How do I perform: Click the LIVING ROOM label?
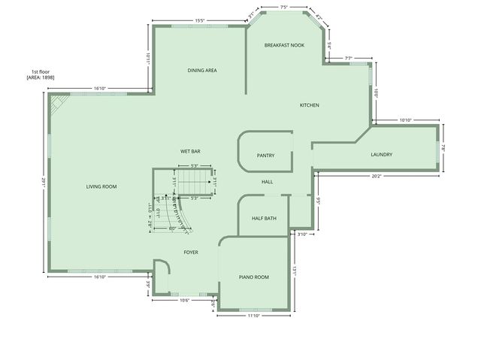pos(101,186)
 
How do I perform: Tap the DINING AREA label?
pos(202,71)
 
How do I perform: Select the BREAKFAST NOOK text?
pos(284,45)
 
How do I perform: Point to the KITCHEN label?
pos(310,105)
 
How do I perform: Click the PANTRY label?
pos(265,156)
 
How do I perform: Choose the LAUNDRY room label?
pos(381,155)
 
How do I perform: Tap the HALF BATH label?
pos(264,219)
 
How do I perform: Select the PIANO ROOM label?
pos(254,277)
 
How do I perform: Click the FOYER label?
pos(191,253)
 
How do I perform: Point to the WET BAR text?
pos(190,151)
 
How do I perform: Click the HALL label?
pos(268,182)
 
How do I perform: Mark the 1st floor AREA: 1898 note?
pos(40,75)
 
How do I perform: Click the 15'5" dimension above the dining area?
pos(200,20)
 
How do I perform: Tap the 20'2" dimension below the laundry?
pos(377,177)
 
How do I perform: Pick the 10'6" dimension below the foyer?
pos(184,300)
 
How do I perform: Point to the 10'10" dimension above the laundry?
pos(407,119)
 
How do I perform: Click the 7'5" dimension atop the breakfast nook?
pos(284,7)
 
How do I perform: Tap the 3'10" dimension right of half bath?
pos(303,234)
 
